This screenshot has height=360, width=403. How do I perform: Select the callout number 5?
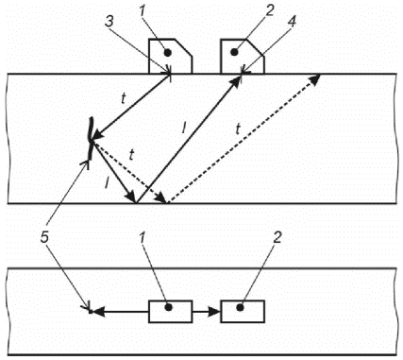click(44, 238)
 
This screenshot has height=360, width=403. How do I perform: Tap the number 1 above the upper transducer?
click(143, 11)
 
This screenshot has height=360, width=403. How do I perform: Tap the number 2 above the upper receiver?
click(270, 11)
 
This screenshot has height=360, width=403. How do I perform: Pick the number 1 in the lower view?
click(143, 238)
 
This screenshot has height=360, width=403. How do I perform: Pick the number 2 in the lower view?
click(277, 238)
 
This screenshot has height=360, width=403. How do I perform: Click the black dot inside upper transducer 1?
click(168, 53)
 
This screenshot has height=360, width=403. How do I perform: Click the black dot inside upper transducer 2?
click(234, 52)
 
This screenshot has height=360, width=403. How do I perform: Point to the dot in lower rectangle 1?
click(169, 307)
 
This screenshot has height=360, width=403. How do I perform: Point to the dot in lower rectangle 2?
click(241, 307)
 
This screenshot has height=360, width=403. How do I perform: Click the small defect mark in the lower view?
click(91, 311)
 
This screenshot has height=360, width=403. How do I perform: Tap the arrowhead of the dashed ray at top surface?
click(315, 78)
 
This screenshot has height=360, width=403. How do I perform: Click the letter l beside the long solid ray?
click(184, 127)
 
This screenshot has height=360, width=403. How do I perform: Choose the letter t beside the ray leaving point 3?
click(124, 99)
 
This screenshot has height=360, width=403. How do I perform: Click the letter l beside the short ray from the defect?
click(107, 182)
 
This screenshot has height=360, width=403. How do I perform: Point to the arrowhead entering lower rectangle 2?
click(215, 312)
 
